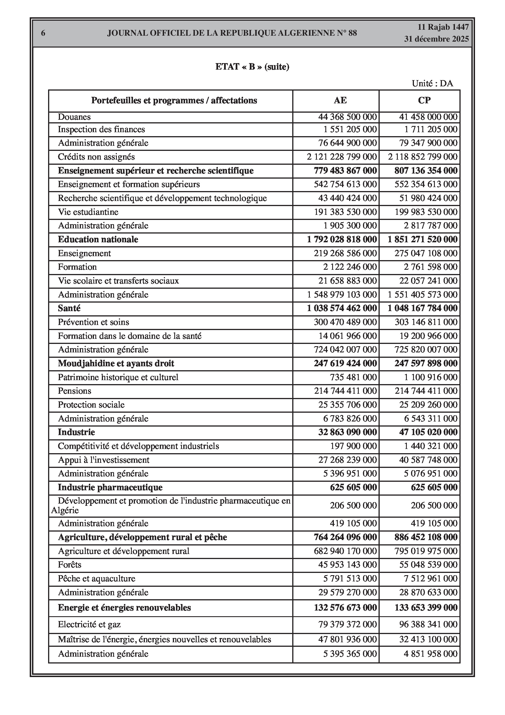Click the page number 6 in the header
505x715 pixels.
(x=43, y=33)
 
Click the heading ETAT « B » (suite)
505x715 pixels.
(x=252, y=67)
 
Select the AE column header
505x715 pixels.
(x=340, y=100)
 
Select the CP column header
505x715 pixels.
(x=424, y=100)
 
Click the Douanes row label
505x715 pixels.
(x=74, y=117)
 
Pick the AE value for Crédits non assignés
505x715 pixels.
(x=341, y=157)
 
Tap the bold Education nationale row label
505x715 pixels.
(x=98, y=239)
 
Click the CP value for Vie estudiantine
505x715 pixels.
(x=426, y=212)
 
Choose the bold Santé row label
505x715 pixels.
(x=69, y=308)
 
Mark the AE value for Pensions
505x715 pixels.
(x=345, y=391)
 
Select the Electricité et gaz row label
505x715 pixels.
(x=89, y=624)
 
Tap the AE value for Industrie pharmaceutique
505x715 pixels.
(x=353, y=487)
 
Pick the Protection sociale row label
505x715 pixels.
(x=91, y=405)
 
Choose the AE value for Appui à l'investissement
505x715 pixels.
(x=347, y=460)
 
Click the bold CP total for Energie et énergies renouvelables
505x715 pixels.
(x=426, y=607)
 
